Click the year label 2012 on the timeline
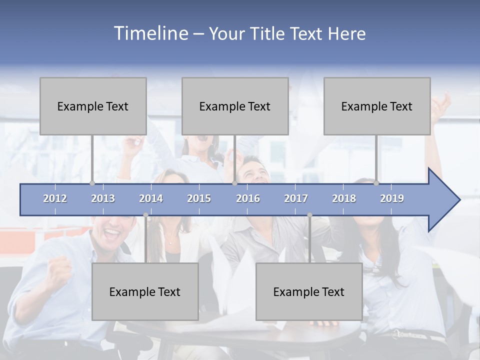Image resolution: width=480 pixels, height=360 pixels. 55,198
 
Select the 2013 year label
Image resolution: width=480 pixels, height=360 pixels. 103,198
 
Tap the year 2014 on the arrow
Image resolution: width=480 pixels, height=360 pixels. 151,198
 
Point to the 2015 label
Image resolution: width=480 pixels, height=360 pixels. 199,198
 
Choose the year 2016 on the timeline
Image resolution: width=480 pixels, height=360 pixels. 248,198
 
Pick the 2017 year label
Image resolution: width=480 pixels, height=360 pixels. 296,198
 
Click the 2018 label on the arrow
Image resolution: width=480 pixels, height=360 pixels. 344,198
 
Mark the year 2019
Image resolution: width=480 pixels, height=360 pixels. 392,198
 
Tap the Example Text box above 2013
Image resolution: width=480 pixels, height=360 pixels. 93,106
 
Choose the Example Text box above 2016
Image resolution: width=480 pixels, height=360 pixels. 235,106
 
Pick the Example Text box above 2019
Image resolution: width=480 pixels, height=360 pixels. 377,106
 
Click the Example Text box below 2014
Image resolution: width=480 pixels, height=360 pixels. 145,291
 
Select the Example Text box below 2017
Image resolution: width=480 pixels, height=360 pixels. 309,291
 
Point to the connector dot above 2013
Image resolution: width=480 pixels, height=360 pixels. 92,183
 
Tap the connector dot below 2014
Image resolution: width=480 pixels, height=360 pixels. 145,215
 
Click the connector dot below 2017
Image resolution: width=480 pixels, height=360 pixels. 309,215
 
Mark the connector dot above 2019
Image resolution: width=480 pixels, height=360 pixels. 376,183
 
